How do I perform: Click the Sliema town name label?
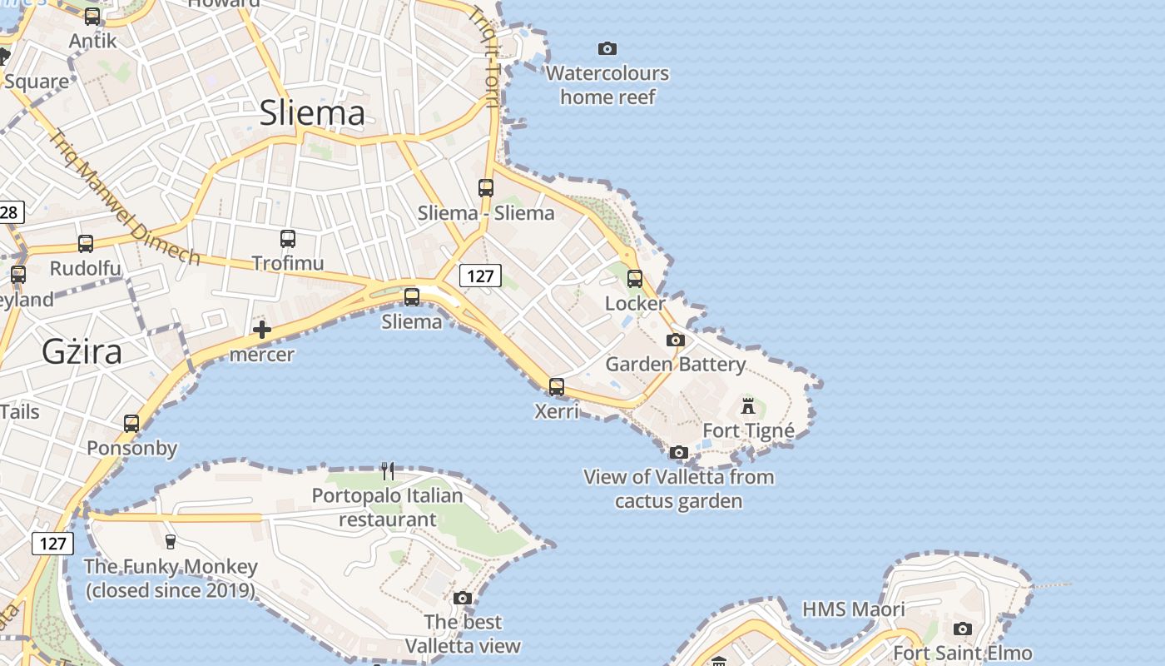(x=312, y=113)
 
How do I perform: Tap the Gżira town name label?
(x=82, y=352)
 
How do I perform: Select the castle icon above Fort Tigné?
(x=748, y=406)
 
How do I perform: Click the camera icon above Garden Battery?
(x=676, y=340)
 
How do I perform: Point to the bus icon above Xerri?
(x=556, y=386)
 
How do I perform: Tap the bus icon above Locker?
(x=635, y=279)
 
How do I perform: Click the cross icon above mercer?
(x=262, y=330)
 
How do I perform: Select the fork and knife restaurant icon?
(x=387, y=471)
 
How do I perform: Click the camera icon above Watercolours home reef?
(x=607, y=48)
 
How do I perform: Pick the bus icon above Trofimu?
(x=288, y=239)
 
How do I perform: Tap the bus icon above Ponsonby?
(x=131, y=424)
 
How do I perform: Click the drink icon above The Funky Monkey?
(x=171, y=542)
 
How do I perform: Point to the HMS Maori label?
(x=853, y=609)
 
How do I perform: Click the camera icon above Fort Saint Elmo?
(x=963, y=629)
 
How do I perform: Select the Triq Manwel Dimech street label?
(x=125, y=198)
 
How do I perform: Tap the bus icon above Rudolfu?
(x=86, y=244)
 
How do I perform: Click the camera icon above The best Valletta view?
(x=463, y=598)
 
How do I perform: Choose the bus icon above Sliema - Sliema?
(x=486, y=188)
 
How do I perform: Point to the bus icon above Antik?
(x=92, y=17)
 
